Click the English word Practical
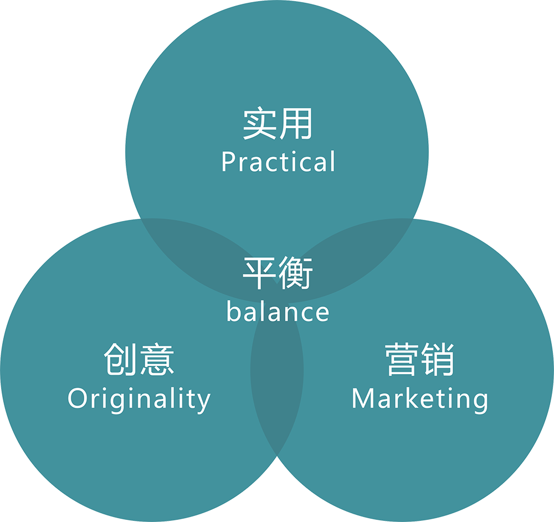click(278, 162)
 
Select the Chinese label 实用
click(278, 124)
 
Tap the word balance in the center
click(278, 311)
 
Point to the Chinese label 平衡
click(278, 273)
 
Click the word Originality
click(139, 399)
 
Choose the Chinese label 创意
click(139, 360)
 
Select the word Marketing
click(420, 399)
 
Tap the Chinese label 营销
click(420, 360)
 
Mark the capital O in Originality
click(77, 398)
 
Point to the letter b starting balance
click(233, 311)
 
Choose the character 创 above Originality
click(121, 360)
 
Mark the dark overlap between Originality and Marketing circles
click(277, 388)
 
